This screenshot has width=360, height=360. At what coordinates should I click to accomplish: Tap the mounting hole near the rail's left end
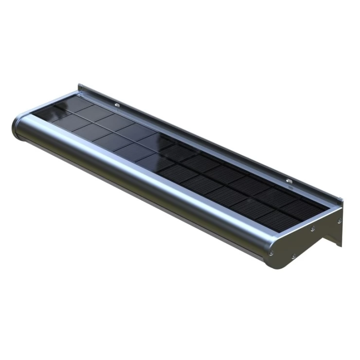click(x=117, y=104)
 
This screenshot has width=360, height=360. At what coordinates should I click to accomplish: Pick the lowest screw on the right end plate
click(x=293, y=256)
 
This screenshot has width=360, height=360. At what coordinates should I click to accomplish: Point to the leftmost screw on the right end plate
click(x=271, y=253)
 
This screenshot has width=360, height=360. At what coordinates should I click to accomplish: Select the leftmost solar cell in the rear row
click(x=78, y=104)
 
